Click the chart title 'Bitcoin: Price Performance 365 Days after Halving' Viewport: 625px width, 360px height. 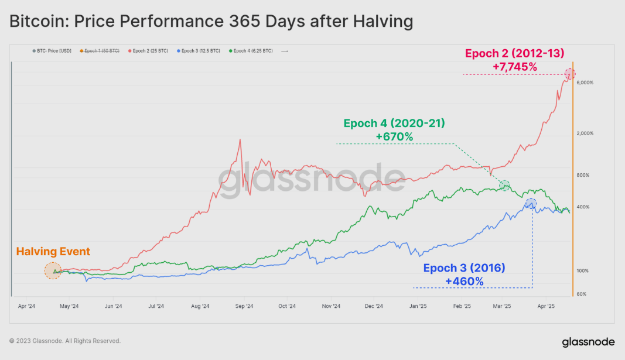pos(211,22)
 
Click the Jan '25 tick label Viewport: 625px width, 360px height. pos(417,306)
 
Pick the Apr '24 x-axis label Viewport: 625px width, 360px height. pos(27,306)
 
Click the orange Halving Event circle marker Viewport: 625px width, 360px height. pos(53,270)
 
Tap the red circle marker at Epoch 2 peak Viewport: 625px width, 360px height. pos(570,74)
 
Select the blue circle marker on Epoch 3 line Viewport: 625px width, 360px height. pos(531,203)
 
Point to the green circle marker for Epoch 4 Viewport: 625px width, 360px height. pos(504,185)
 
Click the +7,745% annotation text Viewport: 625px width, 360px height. pos(515,67)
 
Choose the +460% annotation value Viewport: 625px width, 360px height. pos(464,282)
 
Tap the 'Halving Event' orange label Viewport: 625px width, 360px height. pos(53,252)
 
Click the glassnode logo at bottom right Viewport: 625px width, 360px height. pos(588,342)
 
